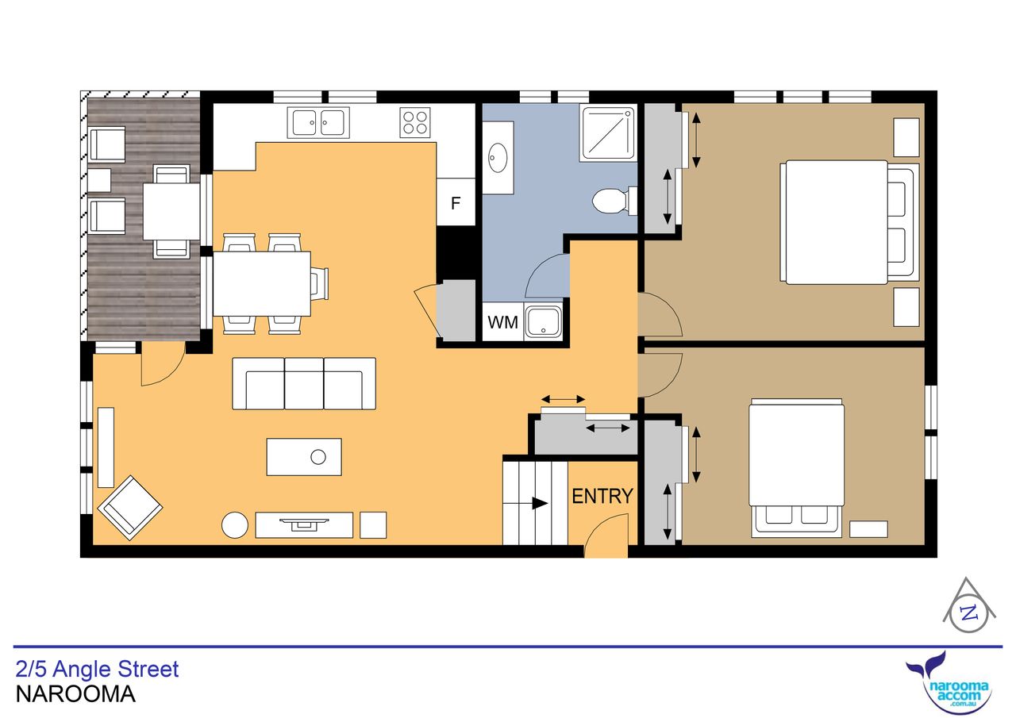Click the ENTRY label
pyautogui.click(x=602, y=497)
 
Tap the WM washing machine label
pyautogui.click(x=502, y=322)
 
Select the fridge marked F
pyautogui.click(x=456, y=202)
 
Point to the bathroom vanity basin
pyautogui.click(x=498, y=158)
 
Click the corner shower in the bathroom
pyautogui.click(x=608, y=134)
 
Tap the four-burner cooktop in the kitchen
pyautogui.click(x=415, y=122)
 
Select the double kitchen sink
pyautogui.click(x=318, y=122)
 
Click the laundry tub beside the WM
pyautogui.click(x=543, y=322)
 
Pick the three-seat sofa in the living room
pyautogui.click(x=304, y=383)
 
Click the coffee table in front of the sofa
pyautogui.click(x=304, y=457)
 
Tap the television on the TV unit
pyautogui.click(x=304, y=523)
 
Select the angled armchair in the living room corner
pyautogui.click(x=130, y=508)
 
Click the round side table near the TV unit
pyautogui.click(x=234, y=525)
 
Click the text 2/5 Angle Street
pyautogui.click(x=97, y=669)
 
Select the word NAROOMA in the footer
pyautogui.click(x=75, y=694)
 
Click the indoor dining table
pyautogui.click(x=262, y=284)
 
